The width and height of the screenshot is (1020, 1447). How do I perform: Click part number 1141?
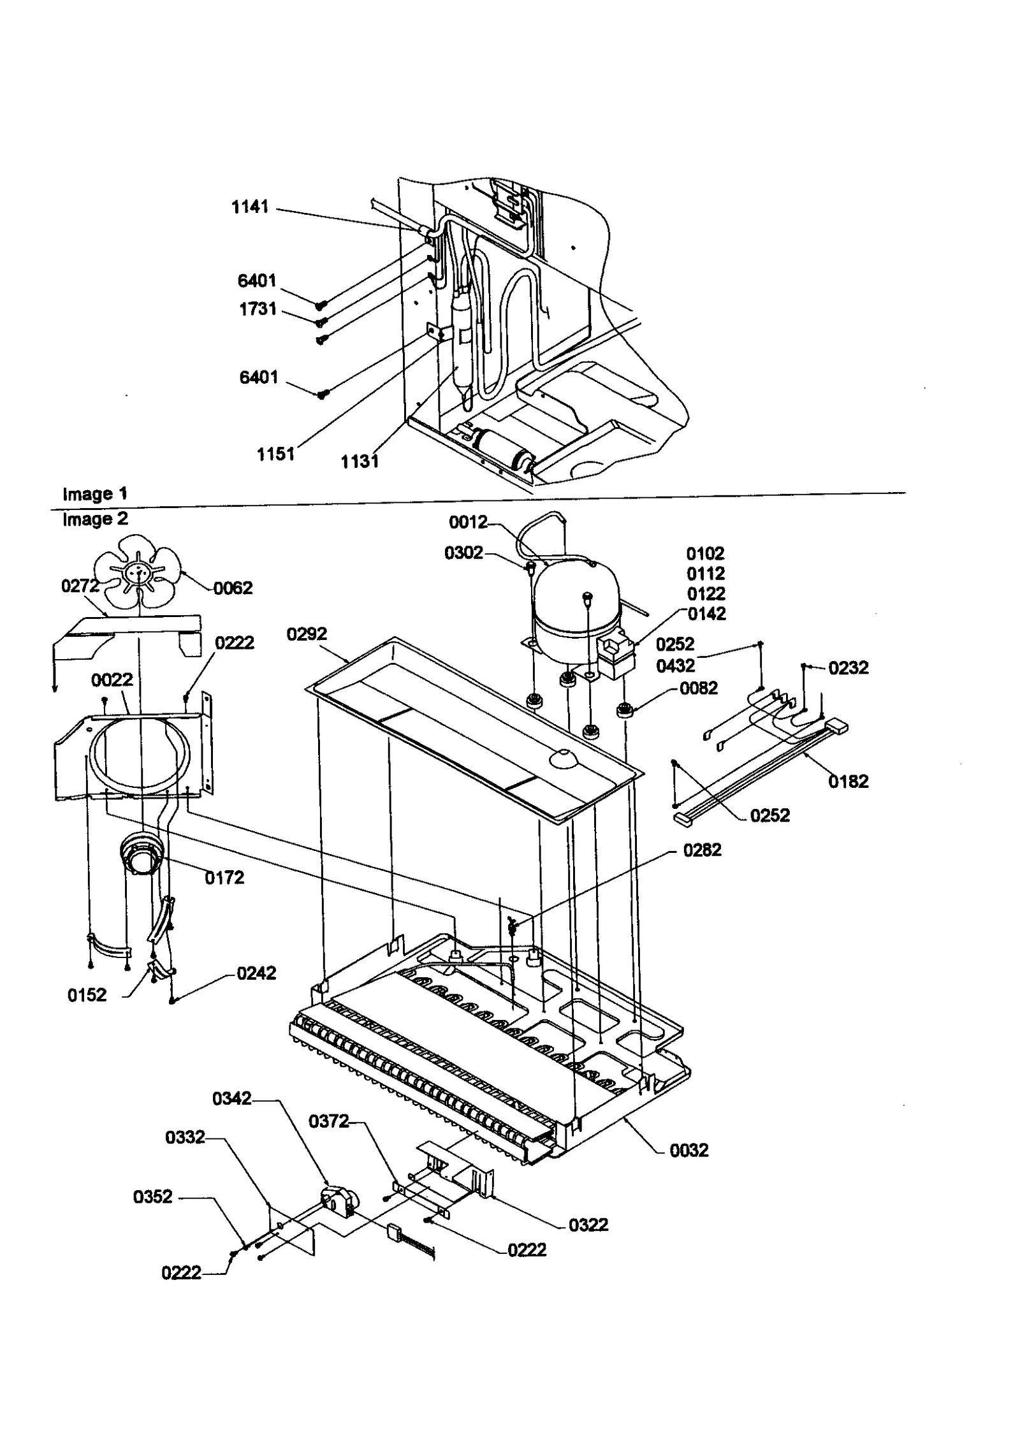(250, 207)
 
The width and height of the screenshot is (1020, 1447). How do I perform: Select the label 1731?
(258, 309)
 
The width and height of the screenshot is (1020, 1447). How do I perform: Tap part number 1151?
(275, 454)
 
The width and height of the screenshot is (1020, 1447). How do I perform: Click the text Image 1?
(95, 493)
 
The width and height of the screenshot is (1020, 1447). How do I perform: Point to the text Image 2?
(95, 519)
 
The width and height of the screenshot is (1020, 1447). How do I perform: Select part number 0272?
(80, 586)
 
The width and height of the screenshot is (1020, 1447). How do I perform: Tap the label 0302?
(463, 553)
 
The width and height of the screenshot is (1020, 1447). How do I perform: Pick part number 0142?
(706, 614)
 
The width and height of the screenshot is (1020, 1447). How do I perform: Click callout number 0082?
(699, 688)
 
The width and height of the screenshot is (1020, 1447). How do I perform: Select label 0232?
(849, 667)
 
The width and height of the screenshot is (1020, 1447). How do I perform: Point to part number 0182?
(849, 781)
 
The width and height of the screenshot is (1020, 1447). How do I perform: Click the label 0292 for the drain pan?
(307, 634)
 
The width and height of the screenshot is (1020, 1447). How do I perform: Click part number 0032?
(689, 1150)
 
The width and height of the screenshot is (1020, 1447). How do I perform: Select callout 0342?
(232, 1098)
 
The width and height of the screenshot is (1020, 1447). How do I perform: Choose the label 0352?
(153, 1196)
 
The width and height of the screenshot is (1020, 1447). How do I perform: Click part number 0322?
(588, 1225)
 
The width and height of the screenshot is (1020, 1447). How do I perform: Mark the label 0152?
(87, 995)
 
